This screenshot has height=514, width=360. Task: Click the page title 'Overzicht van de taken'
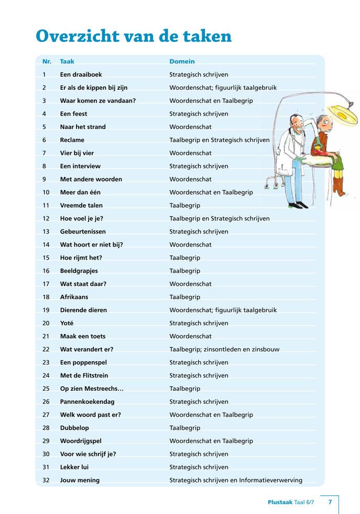[134, 36]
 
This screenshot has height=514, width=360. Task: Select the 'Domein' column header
[182, 61]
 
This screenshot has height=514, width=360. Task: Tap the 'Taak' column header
[67, 61]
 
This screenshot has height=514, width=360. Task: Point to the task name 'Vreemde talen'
[81, 206]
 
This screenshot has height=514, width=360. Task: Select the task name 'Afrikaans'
[74, 297]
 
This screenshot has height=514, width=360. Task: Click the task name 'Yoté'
[67, 323]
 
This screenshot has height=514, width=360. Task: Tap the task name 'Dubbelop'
[74, 428]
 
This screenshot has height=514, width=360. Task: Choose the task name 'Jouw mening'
[80, 480]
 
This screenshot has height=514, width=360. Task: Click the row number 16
[46, 271]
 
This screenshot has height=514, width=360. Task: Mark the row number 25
[46, 389]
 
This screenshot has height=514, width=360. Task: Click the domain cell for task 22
[224, 349]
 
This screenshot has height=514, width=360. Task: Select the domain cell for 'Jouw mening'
[236, 480]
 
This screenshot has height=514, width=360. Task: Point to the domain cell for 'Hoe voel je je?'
[220, 219]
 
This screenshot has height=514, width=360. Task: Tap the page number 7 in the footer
[330, 502]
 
